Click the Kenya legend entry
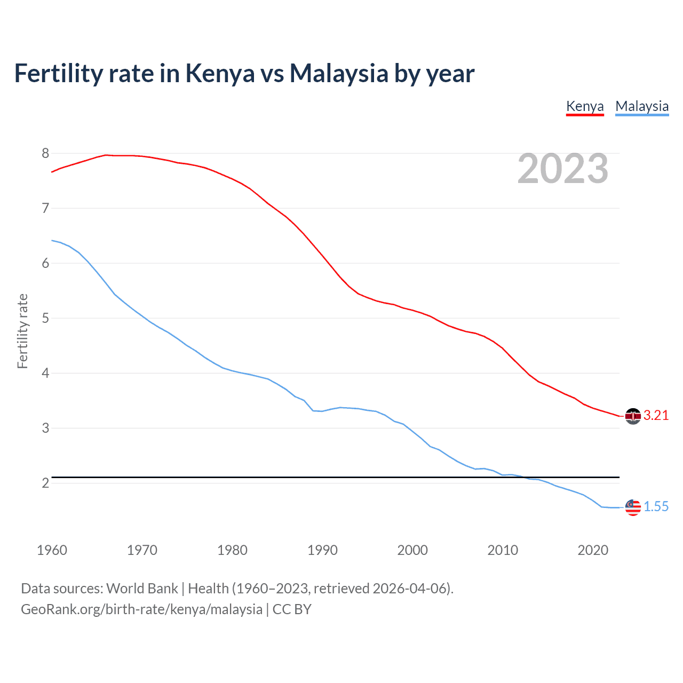585,106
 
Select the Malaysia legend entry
642,106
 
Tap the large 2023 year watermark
562,169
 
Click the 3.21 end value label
656,416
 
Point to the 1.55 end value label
656,507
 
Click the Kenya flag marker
633,416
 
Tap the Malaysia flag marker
633,507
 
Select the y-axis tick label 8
45,154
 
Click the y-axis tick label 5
45,319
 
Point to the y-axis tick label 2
45,483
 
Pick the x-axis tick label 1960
52,550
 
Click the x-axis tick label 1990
322,550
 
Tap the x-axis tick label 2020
593,550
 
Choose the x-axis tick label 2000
412,550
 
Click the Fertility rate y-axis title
22,331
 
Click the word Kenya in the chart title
220,74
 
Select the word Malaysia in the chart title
339,74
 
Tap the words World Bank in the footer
142,589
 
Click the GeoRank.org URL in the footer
141,609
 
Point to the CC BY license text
292,609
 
